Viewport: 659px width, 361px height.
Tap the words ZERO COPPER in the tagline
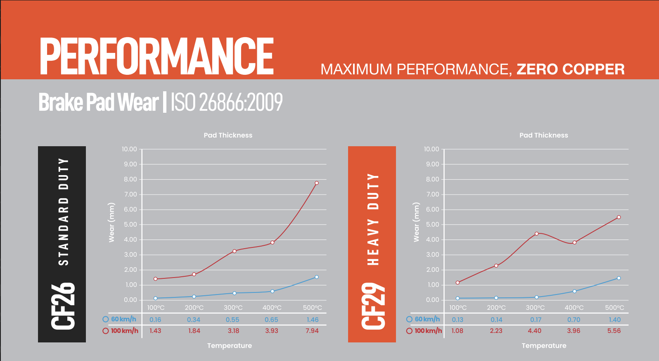[x=570, y=69]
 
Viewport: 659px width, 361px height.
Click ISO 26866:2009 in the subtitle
[x=226, y=102]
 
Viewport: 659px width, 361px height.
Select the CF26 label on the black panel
[x=63, y=306]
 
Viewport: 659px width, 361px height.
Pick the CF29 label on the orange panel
[x=373, y=306]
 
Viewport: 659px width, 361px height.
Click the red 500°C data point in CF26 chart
[x=317, y=183]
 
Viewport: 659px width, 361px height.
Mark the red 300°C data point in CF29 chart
[x=537, y=234]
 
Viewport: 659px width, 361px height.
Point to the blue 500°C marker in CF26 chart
[x=317, y=277]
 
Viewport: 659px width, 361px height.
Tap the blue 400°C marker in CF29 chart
[x=574, y=291]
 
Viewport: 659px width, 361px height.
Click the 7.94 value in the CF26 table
[x=312, y=331]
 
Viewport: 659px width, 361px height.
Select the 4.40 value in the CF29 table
[x=534, y=331]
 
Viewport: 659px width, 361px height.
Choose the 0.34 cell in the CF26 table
[x=194, y=320]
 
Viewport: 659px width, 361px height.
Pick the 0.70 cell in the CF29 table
[x=574, y=320]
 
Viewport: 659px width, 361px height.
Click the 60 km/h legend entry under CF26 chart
[x=120, y=319]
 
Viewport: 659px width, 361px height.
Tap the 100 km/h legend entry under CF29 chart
[x=424, y=331]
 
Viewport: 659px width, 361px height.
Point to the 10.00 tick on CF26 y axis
[x=129, y=149]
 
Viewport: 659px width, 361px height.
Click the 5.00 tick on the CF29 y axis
[x=432, y=225]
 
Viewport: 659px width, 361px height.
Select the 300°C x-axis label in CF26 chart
[x=233, y=308]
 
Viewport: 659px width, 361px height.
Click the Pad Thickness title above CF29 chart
[x=543, y=135]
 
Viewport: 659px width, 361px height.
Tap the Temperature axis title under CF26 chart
[x=229, y=346]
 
